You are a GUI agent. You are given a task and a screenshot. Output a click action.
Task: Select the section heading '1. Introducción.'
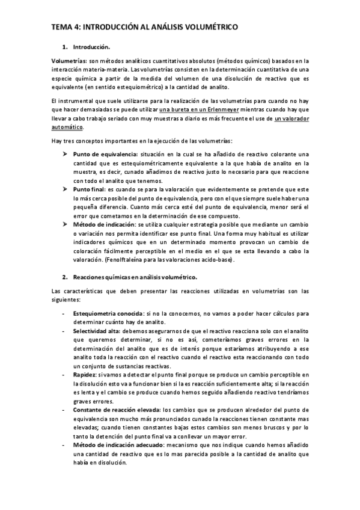tap(91, 46)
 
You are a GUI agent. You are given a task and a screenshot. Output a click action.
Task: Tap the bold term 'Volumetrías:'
tap(69, 61)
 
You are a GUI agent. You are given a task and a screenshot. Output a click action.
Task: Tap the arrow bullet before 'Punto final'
tap(66, 189)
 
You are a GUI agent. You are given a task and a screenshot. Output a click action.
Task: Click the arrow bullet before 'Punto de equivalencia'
tap(66, 155)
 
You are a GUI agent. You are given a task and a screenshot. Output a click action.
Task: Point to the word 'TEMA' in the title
tap(60, 27)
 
